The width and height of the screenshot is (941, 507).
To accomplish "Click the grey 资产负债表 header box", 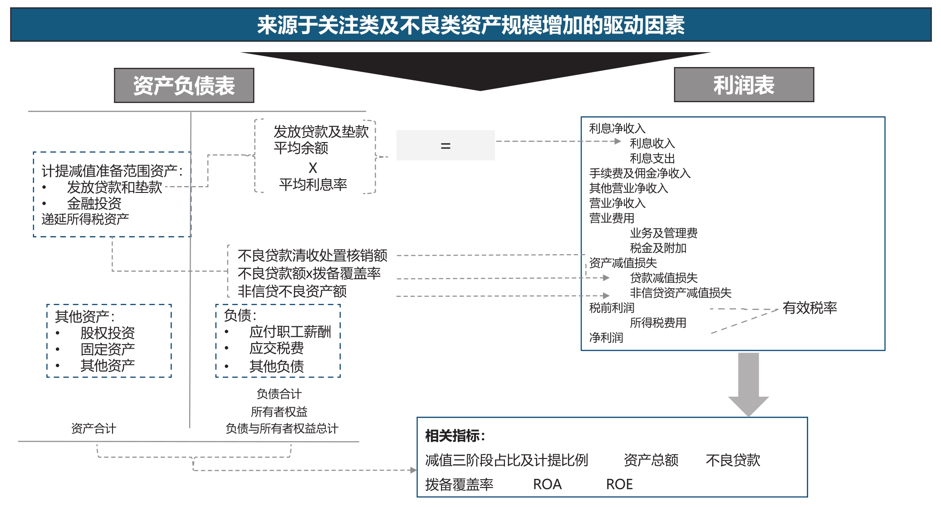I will [x=184, y=85].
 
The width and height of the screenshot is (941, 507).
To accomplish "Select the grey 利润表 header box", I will [x=744, y=85].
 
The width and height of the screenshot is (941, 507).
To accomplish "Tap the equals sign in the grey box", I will [x=446, y=146].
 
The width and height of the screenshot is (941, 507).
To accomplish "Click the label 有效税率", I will [x=809, y=308].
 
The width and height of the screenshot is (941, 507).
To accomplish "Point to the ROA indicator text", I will [x=547, y=484].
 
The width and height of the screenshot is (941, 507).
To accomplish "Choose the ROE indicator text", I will [x=619, y=484].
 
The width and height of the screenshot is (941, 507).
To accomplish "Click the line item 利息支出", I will [x=652, y=158].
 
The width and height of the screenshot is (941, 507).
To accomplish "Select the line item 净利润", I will [x=606, y=338].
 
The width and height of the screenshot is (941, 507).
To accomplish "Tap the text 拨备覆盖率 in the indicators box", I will [x=459, y=484].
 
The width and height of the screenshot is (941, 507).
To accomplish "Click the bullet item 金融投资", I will [x=94, y=203].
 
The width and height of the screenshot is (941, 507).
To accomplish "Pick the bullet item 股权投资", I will [x=108, y=333].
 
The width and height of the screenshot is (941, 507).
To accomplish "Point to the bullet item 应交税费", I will [x=276, y=348].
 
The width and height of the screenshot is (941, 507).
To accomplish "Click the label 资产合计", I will [x=93, y=428].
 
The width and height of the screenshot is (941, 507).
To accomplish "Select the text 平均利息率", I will [x=313, y=184].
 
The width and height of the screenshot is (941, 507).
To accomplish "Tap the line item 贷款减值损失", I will [x=663, y=278].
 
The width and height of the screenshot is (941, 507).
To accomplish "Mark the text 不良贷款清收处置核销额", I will [x=312, y=256].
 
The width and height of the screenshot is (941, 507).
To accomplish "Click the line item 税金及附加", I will [x=658, y=248].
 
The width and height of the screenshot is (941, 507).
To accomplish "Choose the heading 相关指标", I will [x=455, y=436].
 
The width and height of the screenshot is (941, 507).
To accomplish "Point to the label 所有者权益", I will [x=279, y=412].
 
